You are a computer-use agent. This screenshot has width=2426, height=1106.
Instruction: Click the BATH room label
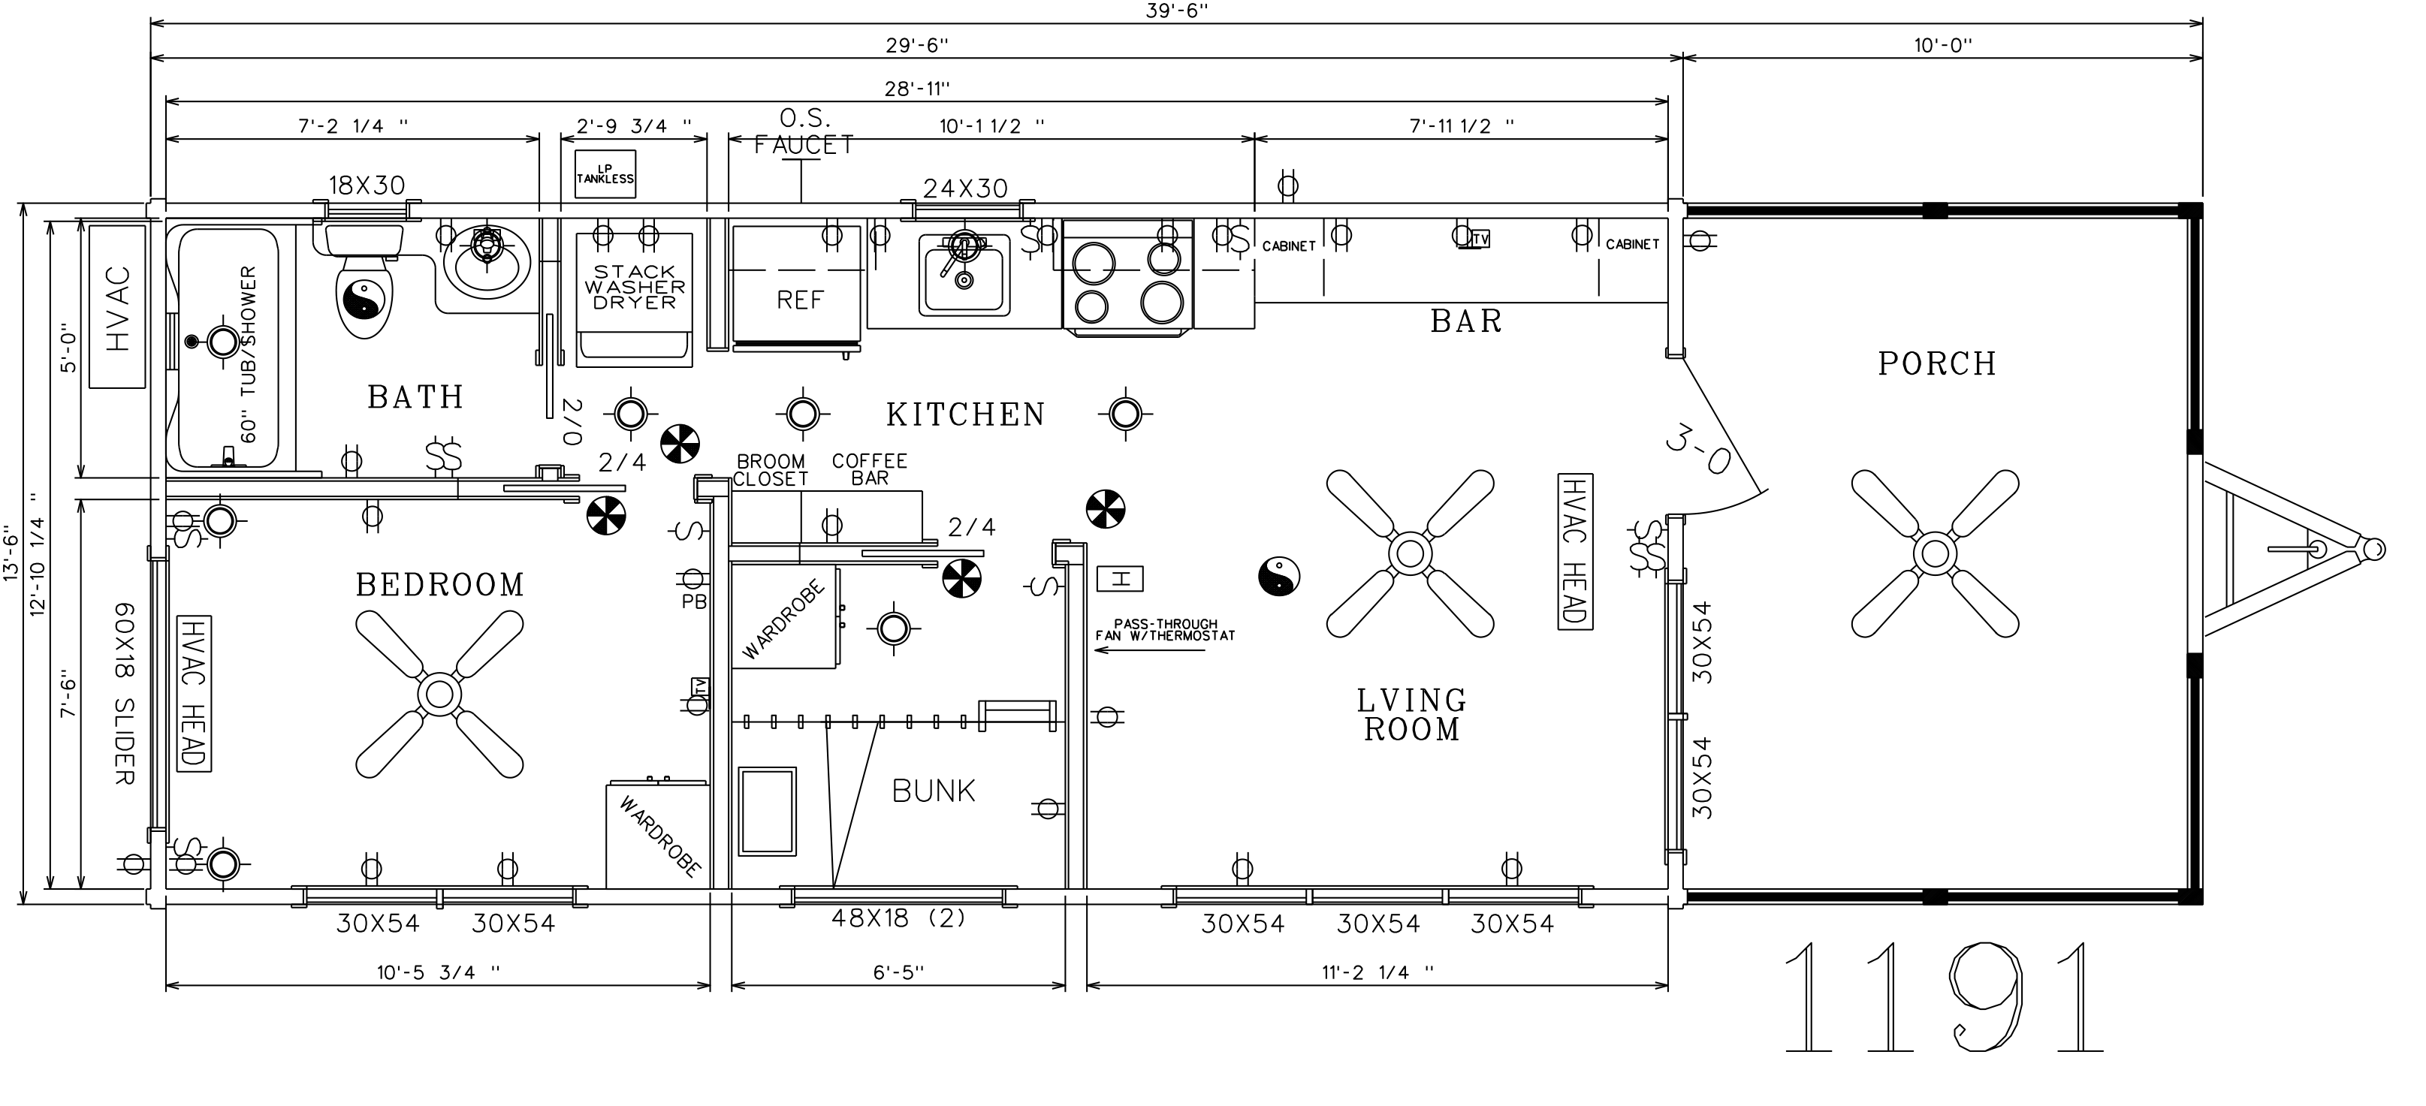coord(415,397)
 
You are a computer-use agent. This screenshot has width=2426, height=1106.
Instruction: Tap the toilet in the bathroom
coord(364,282)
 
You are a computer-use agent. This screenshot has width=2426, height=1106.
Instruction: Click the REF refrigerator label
coord(800,300)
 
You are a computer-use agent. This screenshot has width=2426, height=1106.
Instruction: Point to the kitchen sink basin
coord(966,273)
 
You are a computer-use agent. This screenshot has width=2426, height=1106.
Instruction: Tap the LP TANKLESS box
coord(605,174)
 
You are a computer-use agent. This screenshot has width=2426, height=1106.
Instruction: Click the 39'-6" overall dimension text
coord(1177,11)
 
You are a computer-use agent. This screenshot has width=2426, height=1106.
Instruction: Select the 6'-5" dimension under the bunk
coord(898,972)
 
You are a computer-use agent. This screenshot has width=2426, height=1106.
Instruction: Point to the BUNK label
coord(934,791)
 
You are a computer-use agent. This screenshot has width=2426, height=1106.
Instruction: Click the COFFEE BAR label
coord(869,469)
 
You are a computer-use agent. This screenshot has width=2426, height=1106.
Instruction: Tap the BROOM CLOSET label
coord(771,470)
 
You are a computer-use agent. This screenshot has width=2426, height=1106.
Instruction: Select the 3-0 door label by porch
coord(1698,450)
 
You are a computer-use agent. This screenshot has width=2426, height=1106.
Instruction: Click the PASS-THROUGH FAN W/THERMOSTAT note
coord(1165,630)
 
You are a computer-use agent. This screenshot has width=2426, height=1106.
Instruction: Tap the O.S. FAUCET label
coord(804,132)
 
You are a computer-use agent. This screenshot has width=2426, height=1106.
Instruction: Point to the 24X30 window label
coord(965,188)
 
